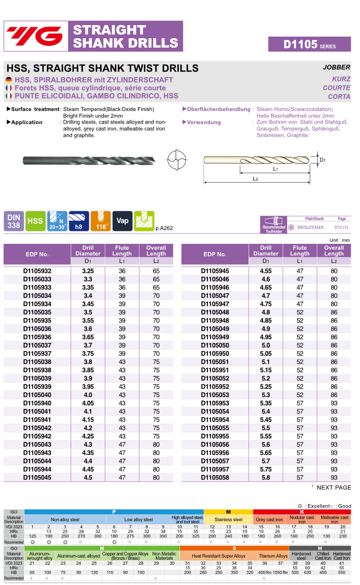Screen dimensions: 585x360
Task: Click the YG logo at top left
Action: coord(35,36)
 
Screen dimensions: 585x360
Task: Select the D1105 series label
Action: coord(309,45)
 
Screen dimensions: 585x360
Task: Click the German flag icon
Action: coord(9,80)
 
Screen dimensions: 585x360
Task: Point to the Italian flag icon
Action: coord(9,96)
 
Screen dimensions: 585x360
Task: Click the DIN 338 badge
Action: coord(13,220)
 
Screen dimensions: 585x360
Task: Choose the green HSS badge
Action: coord(36,220)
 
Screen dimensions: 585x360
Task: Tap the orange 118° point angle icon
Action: coord(100,220)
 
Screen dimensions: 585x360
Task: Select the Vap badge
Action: coord(123,220)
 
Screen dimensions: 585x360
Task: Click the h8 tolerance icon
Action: coord(79,220)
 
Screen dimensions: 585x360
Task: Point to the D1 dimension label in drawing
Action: coord(323,160)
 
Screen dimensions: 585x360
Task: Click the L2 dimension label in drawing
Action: coord(256,179)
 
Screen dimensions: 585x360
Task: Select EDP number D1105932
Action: coord(37,271)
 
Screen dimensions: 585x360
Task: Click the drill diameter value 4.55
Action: coord(266,271)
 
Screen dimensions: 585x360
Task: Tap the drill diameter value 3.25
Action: coord(88,271)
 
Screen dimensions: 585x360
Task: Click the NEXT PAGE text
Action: coord(334,487)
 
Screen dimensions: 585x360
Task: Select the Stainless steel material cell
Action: coord(228,519)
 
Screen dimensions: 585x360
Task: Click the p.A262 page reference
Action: coord(164,227)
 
